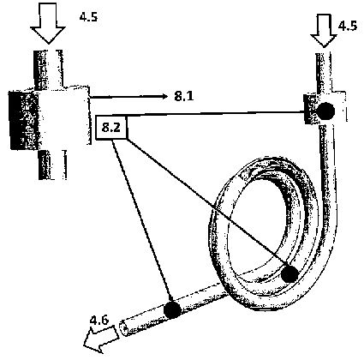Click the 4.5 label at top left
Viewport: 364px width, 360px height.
[x=88, y=17]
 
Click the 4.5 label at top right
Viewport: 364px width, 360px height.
[x=347, y=26]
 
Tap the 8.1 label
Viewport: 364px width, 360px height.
[x=184, y=96]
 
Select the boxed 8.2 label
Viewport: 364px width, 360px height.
[x=111, y=128]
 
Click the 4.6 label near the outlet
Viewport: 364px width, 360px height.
[x=99, y=321]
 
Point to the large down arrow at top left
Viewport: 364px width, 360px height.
[x=48, y=22]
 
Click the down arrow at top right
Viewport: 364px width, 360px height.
[x=324, y=31]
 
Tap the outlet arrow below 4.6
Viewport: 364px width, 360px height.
[x=101, y=339]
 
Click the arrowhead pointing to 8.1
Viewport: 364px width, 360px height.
[x=164, y=96]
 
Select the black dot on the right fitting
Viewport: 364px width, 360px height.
[x=325, y=111]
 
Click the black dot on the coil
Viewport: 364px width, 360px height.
[x=289, y=274]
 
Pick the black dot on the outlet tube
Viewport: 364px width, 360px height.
[x=172, y=309]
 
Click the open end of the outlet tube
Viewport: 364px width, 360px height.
[x=123, y=327]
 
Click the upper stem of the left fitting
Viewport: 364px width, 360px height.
[x=48, y=69]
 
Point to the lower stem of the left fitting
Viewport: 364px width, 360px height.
[x=52, y=165]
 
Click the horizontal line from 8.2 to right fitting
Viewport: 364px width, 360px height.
[x=215, y=114]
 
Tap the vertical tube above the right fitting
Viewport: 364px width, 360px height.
[x=324, y=73]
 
